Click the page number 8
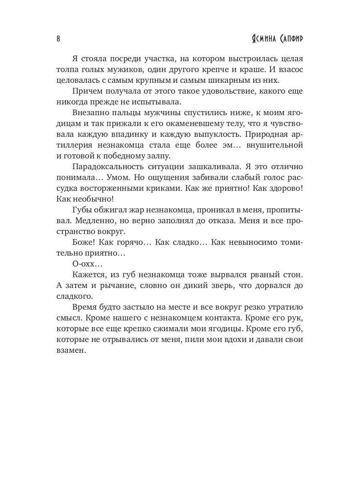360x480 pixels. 58,39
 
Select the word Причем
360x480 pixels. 88,92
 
